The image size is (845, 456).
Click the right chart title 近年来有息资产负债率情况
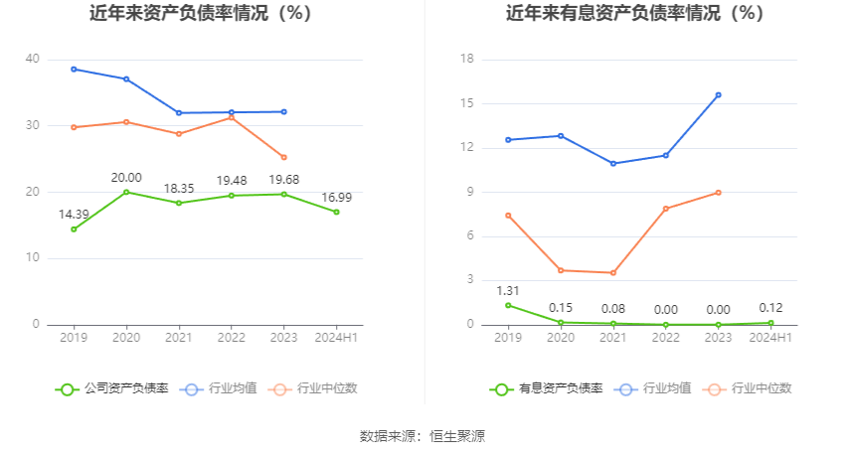point(634,14)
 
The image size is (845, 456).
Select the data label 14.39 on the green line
point(74,215)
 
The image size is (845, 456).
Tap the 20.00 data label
point(126,178)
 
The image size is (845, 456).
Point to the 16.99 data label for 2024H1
point(336,198)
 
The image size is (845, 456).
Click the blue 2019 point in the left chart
point(74,69)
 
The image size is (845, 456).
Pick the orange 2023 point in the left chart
point(283,157)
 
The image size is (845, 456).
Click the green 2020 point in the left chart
point(126,192)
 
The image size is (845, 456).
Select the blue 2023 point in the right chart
point(718,95)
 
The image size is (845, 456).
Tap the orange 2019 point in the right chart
point(508,215)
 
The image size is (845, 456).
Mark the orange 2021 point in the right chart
point(613,272)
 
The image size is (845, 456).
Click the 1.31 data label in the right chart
point(508,291)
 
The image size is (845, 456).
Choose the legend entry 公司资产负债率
point(111,388)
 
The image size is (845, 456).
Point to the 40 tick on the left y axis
point(33,60)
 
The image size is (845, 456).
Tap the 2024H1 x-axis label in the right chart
point(770,338)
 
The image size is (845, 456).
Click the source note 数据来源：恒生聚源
point(422,436)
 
